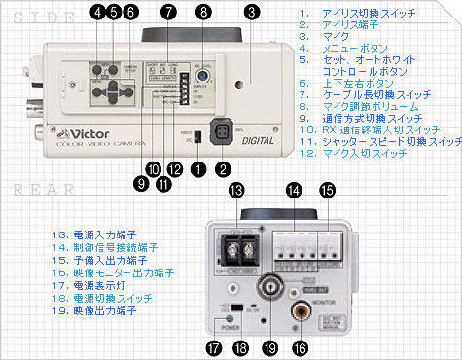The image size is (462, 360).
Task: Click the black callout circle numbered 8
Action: pyautogui.click(x=202, y=13)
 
